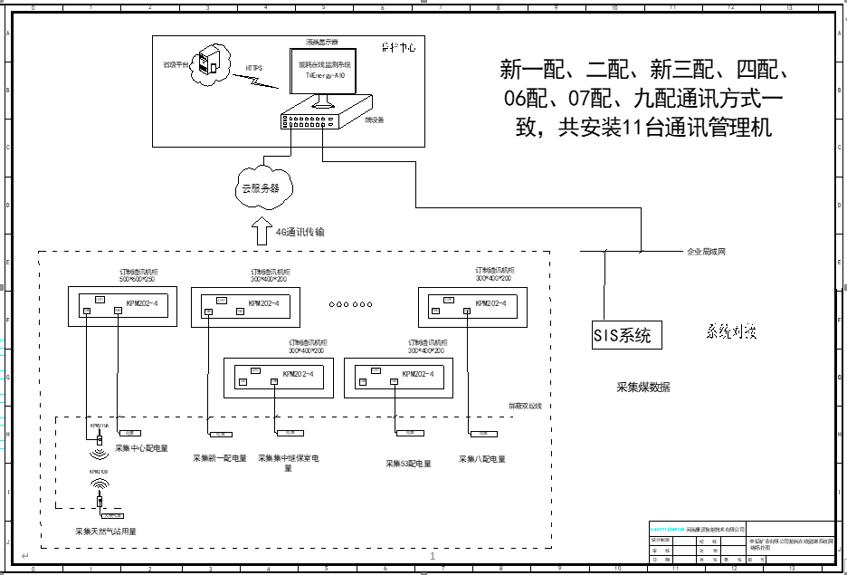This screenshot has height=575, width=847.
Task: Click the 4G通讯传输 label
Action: (x=300, y=233)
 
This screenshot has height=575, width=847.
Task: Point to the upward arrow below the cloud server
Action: (x=260, y=229)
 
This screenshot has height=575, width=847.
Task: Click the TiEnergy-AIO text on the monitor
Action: (x=325, y=77)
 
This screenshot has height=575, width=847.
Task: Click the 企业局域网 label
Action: (x=707, y=251)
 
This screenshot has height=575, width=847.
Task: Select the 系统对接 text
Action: (x=731, y=332)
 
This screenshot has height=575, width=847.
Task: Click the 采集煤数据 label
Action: (x=643, y=388)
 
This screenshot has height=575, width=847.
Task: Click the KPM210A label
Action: (x=100, y=424)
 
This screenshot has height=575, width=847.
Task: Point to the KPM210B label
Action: (x=100, y=473)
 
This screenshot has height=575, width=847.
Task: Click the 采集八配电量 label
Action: (x=482, y=459)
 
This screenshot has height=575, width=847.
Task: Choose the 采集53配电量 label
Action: (x=408, y=464)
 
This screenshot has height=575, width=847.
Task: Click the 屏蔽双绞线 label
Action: (x=525, y=405)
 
